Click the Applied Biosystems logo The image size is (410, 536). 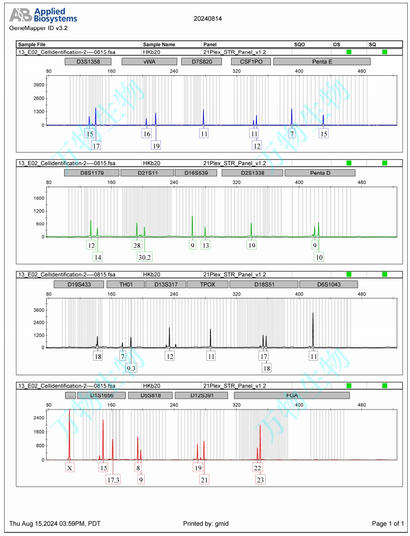pos(43,15)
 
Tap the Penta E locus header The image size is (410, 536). pos(322,61)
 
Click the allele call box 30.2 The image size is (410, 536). pos(145,257)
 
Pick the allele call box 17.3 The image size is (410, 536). pos(113,480)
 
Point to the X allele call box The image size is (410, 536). pos(69,468)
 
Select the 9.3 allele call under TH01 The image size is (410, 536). pos(131,368)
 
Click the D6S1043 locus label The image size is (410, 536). pos(328,284)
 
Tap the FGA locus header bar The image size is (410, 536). pos(292,396)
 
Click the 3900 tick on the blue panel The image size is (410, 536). pos(39,85)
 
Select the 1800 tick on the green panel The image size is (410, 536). pos(39,198)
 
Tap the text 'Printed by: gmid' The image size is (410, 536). pos(206,524)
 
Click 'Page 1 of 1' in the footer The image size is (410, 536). pos(388,524)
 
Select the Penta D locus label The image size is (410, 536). pos(320,173)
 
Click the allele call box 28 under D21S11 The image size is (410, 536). pos(137,245)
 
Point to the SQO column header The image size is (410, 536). pos(299,44)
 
